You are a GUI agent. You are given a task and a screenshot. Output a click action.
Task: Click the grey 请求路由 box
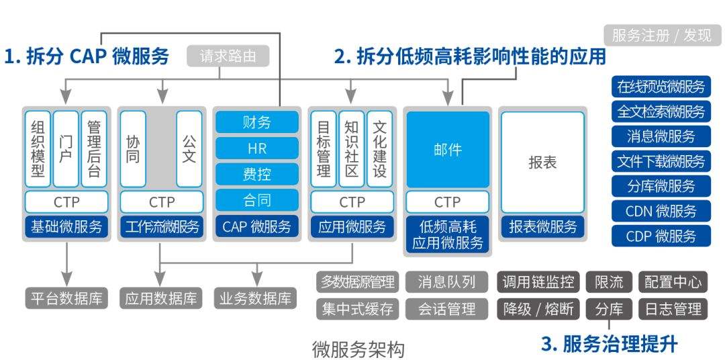point(228,56)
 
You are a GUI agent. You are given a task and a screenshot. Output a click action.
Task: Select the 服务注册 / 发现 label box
point(661,35)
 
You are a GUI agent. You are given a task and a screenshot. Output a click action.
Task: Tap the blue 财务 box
point(256,122)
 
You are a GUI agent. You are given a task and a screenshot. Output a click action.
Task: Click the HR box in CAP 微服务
point(256,148)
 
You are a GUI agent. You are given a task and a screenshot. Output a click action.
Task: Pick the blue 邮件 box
point(448,149)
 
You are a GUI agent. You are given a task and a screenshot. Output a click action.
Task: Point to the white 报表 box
point(542,162)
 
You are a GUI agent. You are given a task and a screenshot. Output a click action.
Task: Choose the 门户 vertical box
point(66,148)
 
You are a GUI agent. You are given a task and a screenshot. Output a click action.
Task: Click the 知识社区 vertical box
point(352,148)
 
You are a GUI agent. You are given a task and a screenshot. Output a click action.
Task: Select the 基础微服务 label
point(66,226)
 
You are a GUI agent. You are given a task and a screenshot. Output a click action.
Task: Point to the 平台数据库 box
point(66,298)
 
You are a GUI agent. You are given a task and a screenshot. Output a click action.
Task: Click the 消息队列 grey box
point(446,281)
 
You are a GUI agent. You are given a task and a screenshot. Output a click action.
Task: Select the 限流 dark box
point(609,281)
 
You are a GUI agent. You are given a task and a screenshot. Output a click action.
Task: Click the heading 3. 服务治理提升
point(609,344)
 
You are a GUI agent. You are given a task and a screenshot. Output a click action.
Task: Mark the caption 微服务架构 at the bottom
point(358,349)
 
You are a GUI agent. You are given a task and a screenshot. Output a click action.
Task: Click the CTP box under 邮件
point(448,201)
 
